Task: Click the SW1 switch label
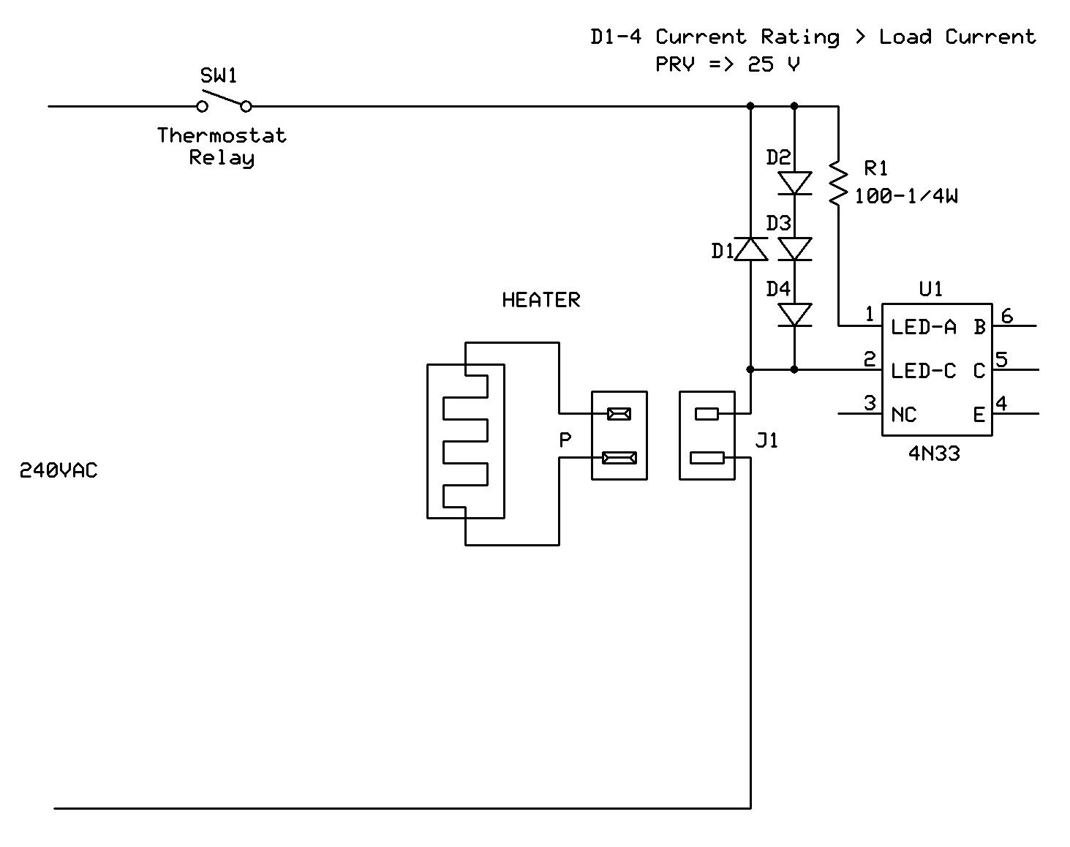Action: point(218,75)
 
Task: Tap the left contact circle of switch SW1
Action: point(202,107)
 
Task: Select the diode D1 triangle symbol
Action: point(750,249)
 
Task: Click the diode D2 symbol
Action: point(794,183)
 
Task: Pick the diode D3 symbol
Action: point(794,249)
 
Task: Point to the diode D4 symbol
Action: point(794,315)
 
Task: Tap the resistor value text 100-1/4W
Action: point(906,196)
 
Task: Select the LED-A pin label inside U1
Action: point(923,327)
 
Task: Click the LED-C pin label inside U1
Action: point(923,371)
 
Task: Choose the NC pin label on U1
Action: point(903,414)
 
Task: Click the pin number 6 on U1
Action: point(1007,316)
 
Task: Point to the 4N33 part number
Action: point(934,453)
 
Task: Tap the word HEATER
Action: point(541,300)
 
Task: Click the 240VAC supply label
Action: point(59,470)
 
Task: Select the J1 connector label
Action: point(766,440)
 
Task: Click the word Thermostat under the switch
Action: point(222,135)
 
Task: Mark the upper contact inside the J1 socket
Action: point(707,414)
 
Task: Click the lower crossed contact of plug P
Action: point(619,458)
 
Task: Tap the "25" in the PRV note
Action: point(761,64)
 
